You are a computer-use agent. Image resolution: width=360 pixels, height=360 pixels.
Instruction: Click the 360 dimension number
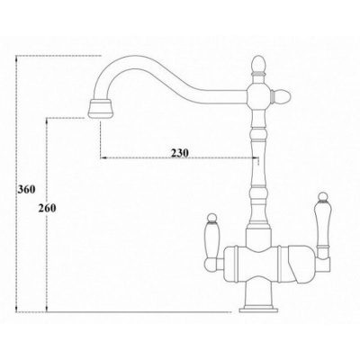click(27, 190)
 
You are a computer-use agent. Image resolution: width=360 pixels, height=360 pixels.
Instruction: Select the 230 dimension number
click(178, 152)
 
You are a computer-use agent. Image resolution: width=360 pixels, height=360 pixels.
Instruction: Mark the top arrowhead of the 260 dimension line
click(44, 119)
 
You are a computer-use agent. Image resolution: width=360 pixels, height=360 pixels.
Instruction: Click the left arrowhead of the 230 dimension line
click(101, 159)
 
